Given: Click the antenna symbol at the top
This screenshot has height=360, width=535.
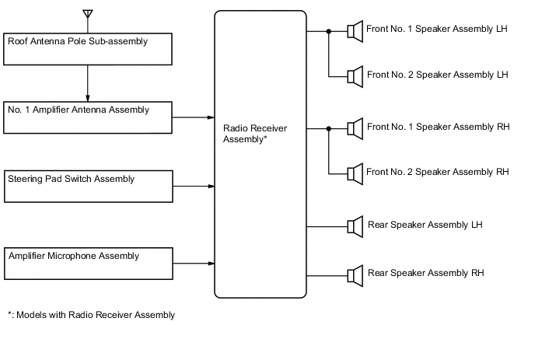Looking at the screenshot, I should (x=87, y=14).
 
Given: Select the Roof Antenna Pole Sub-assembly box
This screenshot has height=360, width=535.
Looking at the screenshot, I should (x=87, y=48).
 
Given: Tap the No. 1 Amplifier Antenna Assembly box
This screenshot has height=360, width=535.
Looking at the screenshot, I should (x=87, y=117).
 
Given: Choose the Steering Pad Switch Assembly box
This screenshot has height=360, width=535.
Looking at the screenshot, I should (x=87, y=187).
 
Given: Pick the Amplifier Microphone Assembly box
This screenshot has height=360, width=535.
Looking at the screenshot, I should (x=87, y=264).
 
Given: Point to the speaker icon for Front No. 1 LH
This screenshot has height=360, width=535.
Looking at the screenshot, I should (x=355, y=32).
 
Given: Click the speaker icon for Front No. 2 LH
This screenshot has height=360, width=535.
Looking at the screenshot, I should (x=355, y=75).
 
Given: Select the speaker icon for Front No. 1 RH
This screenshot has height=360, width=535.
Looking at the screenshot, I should (x=355, y=128).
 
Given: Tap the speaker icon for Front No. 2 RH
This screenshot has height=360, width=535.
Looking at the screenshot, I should (x=355, y=172).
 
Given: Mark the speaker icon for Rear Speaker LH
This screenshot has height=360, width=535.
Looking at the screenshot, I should (x=355, y=226).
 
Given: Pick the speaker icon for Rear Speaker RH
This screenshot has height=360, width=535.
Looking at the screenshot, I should (x=355, y=274).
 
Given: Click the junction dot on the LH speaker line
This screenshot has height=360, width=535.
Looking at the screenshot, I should (x=329, y=32).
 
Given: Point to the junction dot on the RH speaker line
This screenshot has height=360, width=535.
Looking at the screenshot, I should (x=329, y=128).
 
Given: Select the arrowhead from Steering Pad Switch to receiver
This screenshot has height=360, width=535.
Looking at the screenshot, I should (x=211, y=187).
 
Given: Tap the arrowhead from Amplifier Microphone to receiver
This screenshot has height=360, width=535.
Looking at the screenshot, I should (x=211, y=264).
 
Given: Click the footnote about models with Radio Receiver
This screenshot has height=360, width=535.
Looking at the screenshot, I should (x=91, y=315).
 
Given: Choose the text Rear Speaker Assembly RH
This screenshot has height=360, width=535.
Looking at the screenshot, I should (x=425, y=273).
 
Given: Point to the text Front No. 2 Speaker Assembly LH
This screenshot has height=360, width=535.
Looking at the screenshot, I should (x=437, y=75).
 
